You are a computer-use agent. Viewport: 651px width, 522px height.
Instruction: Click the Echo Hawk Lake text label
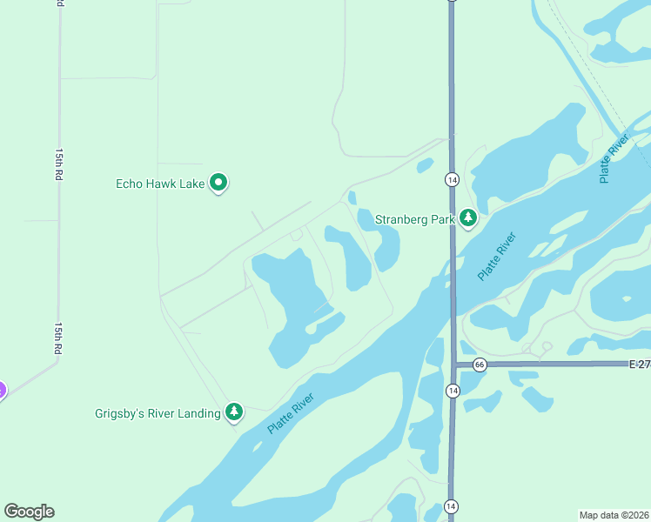click(x=160, y=184)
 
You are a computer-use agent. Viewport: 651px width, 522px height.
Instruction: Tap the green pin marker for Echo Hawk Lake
click(x=219, y=183)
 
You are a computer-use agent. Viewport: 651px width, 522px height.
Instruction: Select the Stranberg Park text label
click(x=415, y=219)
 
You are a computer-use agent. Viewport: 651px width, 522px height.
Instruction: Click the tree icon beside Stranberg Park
click(x=468, y=217)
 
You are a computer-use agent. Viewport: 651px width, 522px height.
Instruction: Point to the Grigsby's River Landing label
click(x=158, y=413)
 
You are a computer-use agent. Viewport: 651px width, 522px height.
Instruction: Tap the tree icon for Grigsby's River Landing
click(x=233, y=412)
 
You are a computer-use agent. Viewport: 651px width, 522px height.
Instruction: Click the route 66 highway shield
click(x=480, y=364)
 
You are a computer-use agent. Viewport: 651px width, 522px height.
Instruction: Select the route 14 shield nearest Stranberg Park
click(x=452, y=179)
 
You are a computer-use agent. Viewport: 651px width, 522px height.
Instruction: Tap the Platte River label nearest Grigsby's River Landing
click(x=290, y=412)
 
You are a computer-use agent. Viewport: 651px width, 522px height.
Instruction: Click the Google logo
click(x=30, y=511)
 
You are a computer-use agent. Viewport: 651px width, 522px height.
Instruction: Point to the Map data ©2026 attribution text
click(x=614, y=514)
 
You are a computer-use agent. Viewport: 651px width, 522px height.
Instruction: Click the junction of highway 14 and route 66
click(x=452, y=364)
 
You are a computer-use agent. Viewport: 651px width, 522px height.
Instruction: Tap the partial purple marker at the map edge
click(x=2, y=391)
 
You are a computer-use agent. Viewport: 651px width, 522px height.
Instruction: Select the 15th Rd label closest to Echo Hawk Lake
click(x=59, y=164)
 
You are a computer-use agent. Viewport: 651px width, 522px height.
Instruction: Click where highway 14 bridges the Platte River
click(x=452, y=287)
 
